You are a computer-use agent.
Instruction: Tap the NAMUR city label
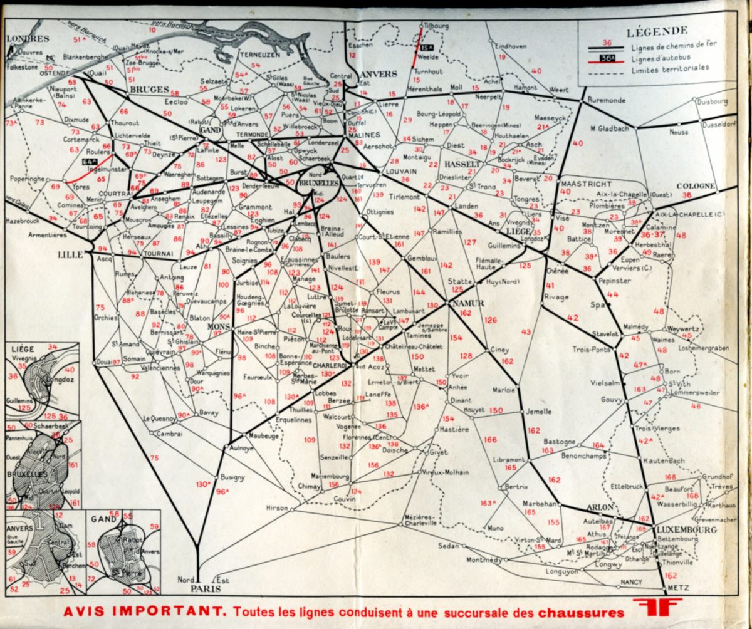pos(467,303)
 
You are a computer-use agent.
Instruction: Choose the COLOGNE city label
pos(696,186)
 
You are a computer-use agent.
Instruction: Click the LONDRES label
pos(19,38)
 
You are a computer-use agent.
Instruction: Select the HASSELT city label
pos(461,164)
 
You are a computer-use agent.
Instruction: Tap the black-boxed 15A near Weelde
pos(427,47)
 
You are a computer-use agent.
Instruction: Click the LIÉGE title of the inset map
pos(21,349)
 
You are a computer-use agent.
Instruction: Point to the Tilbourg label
pos(437,26)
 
